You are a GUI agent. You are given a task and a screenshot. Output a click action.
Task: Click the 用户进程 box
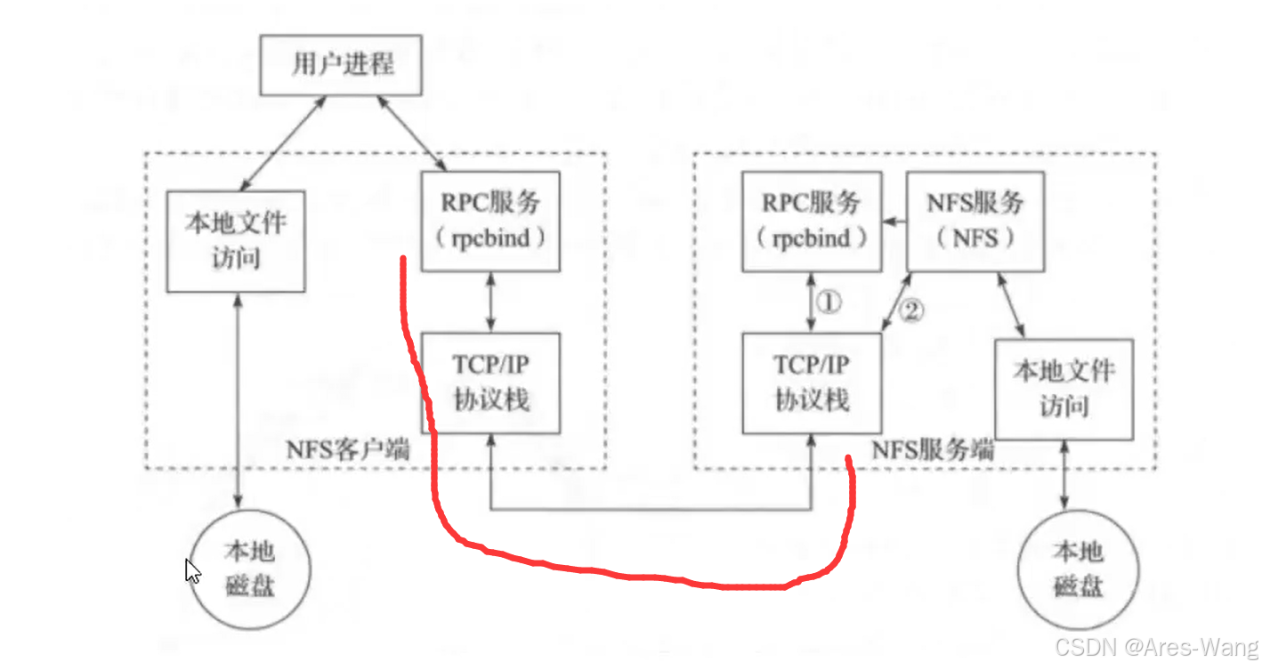(341, 65)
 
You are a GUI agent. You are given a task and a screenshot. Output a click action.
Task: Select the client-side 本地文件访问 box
(236, 240)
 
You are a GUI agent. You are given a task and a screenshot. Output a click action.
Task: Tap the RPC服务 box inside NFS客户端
(490, 222)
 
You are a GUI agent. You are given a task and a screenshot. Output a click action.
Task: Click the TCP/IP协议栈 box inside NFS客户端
(490, 383)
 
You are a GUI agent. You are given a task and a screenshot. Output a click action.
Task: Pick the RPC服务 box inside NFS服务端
(812, 222)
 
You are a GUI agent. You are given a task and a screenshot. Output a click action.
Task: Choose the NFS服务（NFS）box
(975, 222)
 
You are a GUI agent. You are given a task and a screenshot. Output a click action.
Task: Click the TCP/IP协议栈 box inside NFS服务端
(812, 383)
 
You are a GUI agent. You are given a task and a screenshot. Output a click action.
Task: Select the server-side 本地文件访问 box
(1064, 388)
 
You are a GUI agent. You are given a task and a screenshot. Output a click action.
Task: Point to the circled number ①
(828, 303)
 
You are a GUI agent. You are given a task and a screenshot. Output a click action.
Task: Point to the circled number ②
(911, 311)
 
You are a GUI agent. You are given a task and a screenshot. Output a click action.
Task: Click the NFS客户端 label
(348, 450)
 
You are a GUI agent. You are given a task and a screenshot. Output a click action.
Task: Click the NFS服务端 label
(933, 450)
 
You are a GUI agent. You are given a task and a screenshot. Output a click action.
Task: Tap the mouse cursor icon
(191, 570)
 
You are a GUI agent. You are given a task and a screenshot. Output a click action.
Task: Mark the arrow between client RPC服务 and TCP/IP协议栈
(490, 302)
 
